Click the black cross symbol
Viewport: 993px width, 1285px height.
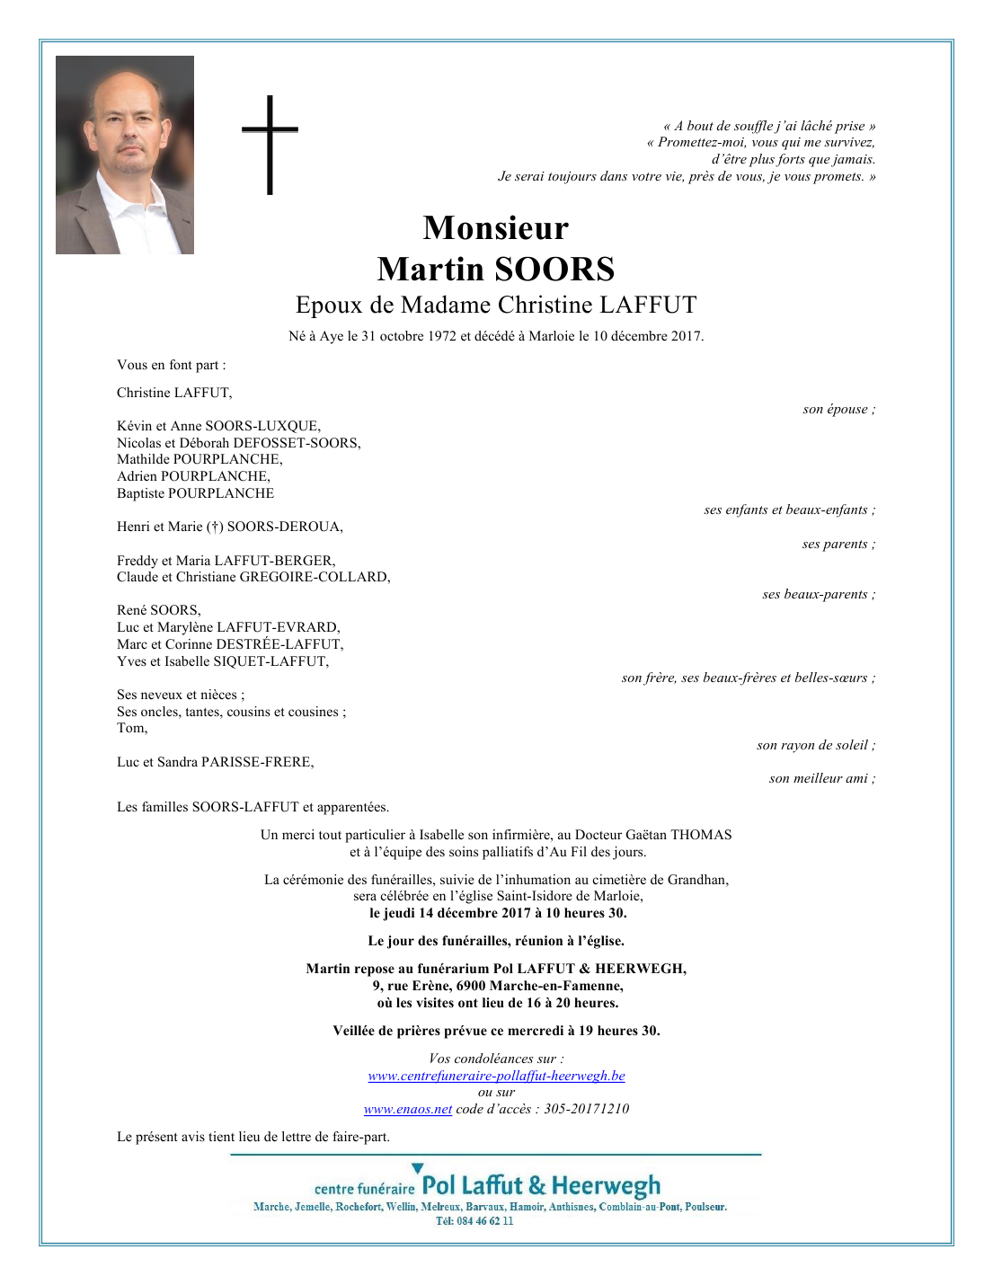click(x=270, y=144)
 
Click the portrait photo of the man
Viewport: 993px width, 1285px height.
click(x=125, y=155)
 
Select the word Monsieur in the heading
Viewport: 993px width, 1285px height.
click(x=495, y=228)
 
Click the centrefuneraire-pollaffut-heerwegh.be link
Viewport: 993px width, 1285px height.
click(x=496, y=1076)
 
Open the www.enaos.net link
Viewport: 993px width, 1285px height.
click(x=408, y=1109)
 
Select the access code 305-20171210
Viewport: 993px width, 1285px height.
click(x=586, y=1109)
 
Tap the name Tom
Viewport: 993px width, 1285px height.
click(x=131, y=728)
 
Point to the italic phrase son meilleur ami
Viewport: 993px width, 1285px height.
click(x=819, y=778)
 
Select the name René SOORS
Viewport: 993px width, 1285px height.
click(x=158, y=610)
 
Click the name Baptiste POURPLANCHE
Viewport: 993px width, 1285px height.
click(x=195, y=493)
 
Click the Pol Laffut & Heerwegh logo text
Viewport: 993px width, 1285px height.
click(x=541, y=1185)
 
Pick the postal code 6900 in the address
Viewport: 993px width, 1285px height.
click(x=471, y=986)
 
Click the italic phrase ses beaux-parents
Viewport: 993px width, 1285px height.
click(x=815, y=594)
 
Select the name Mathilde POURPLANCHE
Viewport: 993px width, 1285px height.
click(x=199, y=459)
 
